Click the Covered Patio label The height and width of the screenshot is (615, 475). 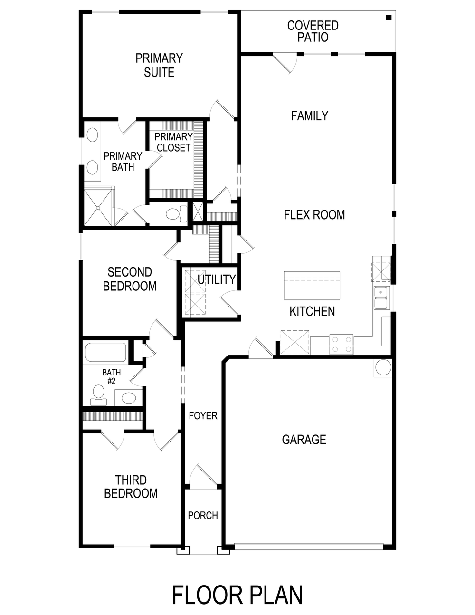coord(313,31)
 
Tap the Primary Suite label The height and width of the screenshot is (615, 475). coord(159,65)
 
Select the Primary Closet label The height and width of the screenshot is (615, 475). coord(173,143)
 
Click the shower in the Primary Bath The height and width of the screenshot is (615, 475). coord(99,207)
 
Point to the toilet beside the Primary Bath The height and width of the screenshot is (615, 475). coord(173,214)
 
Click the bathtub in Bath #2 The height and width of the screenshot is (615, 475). coord(105,353)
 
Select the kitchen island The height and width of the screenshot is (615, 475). coord(312,285)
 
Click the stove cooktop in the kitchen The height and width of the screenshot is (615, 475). coord(342,345)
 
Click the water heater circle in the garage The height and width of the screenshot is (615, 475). coord(383,367)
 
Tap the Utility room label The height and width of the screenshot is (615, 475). coord(217,279)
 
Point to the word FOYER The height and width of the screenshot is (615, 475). coord(203,416)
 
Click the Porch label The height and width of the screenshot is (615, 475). coord(203,516)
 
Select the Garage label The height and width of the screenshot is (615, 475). coord(304,440)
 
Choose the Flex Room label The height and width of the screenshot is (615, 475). coord(314,215)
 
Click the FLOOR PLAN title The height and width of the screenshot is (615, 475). coord(237,595)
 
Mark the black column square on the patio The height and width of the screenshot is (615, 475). coord(389,18)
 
